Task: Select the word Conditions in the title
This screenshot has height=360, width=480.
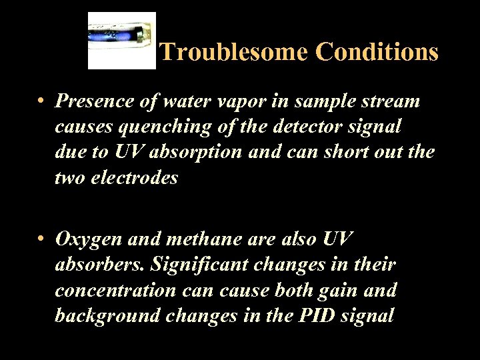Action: click(x=377, y=51)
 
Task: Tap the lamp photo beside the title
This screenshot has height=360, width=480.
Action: click(x=122, y=41)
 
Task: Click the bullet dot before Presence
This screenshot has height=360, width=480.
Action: click(x=41, y=102)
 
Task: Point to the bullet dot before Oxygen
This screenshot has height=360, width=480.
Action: click(x=41, y=239)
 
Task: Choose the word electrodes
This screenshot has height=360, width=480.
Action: click(x=136, y=178)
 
